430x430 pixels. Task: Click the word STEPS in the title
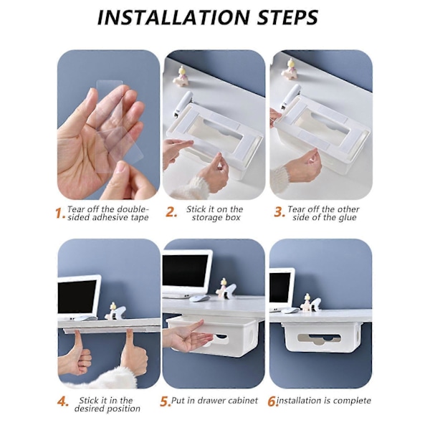coord(288,17)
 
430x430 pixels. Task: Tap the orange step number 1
coord(59,213)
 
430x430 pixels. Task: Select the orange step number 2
coord(171,212)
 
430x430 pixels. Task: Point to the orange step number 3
coord(279,212)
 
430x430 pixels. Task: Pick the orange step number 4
coord(63,402)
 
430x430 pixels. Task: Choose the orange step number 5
coord(165,402)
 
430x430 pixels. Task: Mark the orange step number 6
coord(272,402)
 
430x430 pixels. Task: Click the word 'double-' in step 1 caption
coord(133,209)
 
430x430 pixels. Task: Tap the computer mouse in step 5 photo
coord(199,299)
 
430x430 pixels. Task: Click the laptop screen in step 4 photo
coord(77,297)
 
